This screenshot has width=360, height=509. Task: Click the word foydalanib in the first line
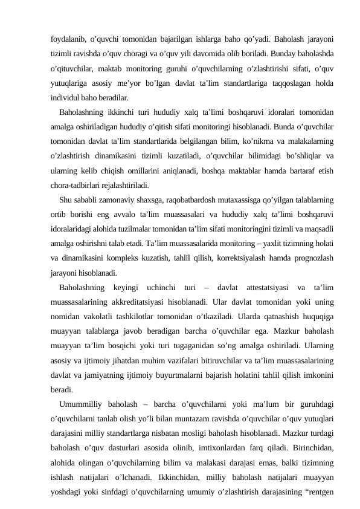[x=67, y=38]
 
